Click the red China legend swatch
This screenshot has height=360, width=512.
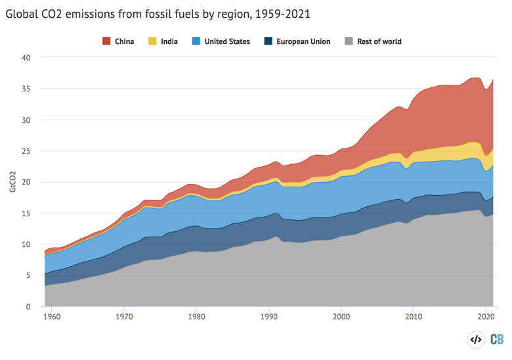[106, 41]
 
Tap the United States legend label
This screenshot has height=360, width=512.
[226, 41]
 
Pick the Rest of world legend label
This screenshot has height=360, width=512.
[379, 41]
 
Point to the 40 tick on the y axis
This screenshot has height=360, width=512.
[26, 58]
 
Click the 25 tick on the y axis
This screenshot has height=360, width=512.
[26, 151]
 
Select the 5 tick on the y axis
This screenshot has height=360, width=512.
[28, 275]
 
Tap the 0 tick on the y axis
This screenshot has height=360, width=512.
[28, 307]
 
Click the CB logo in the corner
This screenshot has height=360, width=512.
[497, 340]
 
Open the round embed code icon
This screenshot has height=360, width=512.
[475, 340]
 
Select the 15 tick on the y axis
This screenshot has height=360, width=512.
[26, 214]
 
